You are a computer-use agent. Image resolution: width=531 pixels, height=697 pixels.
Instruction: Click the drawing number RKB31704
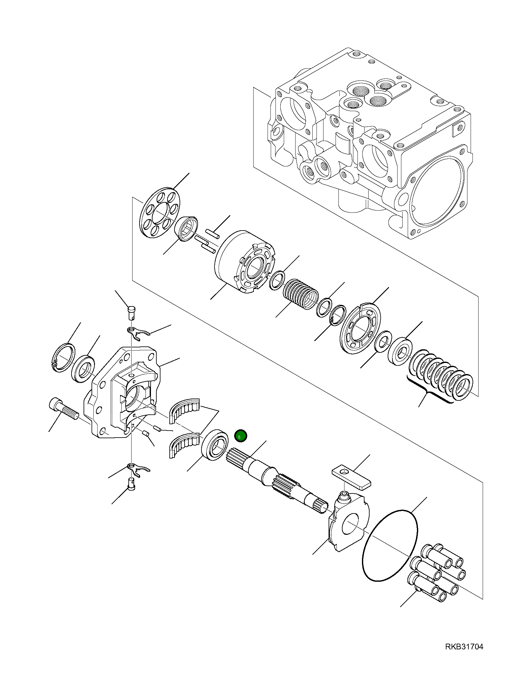click(464, 647)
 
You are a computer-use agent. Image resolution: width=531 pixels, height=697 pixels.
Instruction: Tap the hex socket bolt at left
click(64, 409)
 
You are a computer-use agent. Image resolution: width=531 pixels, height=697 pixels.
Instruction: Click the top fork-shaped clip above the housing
click(138, 333)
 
